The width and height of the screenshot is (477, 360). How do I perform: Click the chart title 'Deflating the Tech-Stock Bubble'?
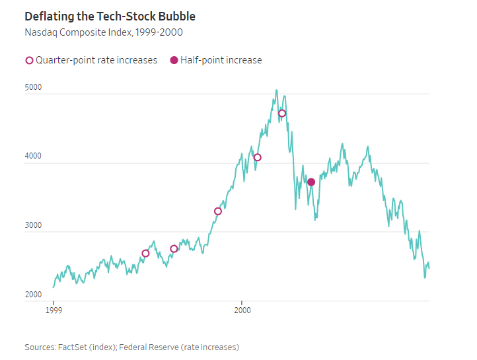(x=110, y=16)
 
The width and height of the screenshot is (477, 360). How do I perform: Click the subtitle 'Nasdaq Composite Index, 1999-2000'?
(x=104, y=32)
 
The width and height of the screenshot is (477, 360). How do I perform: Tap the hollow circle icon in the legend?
(x=29, y=60)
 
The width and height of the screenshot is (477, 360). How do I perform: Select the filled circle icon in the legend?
(x=174, y=60)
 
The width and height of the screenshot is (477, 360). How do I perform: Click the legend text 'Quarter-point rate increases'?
(x=96, y=60)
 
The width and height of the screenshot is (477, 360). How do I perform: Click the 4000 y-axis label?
(x=34, y=157)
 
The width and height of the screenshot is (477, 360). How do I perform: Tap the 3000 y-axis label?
(x=34, y=225)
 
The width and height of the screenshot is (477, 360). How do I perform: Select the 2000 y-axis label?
(x=34, y=295)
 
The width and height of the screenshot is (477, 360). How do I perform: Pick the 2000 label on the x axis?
(x=242, y=309)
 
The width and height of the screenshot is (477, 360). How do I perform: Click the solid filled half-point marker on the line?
(x=311, y=182)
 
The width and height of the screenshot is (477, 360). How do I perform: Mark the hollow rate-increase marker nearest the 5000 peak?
(x=282, y=114)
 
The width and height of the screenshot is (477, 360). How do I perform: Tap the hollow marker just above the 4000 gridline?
(x=258, y=157)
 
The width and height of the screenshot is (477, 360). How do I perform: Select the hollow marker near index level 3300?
(x=218, y=211)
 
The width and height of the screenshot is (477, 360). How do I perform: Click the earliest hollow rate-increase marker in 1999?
(x=145, y=254)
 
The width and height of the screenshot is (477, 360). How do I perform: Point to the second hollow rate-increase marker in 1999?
(x=174, y=249)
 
